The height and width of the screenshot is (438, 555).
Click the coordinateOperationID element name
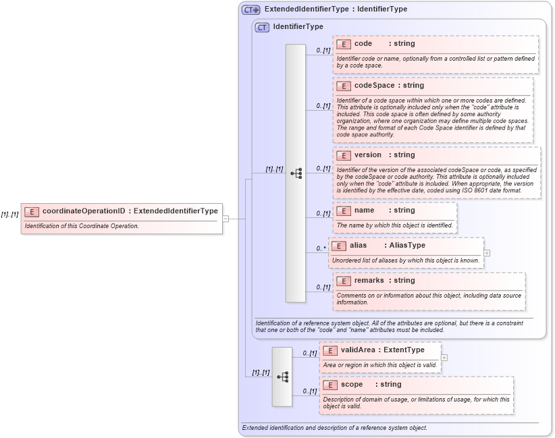(84, 211)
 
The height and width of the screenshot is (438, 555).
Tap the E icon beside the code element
(343, 44)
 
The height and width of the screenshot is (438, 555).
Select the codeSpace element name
(375, 86)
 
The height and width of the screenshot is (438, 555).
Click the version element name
(368, 155)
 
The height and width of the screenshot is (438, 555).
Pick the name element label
(364, 211)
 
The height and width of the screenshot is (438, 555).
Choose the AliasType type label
(407, 246)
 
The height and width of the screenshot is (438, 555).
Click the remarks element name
(369, 281)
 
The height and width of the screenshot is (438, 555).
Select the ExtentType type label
(404, 350)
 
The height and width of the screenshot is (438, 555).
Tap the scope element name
(352, 385)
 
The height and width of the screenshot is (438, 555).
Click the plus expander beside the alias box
(487, 253)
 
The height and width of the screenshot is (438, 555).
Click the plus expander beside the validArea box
(444, 358)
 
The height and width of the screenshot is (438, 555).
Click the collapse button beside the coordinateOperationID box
(226, 219)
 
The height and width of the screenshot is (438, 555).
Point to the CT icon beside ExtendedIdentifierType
(251, 9)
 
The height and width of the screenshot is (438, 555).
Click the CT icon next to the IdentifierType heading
(262, 27)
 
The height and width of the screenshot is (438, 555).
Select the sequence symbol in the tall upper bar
(296, 173)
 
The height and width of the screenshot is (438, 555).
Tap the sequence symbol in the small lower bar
(282, 377)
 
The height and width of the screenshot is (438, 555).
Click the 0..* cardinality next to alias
(321, 248)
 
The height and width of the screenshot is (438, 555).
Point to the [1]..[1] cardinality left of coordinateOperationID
(10, 215)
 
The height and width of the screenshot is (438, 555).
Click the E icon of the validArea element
(329, 350)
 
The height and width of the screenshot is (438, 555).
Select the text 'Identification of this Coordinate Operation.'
(82, 225)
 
